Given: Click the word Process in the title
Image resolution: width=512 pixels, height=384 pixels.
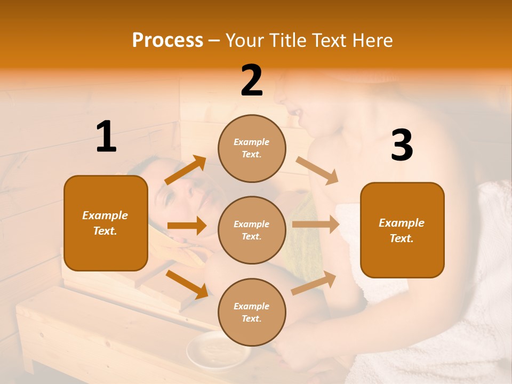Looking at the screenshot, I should pos(167,41).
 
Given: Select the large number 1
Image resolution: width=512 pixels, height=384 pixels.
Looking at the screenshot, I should pos(106,137).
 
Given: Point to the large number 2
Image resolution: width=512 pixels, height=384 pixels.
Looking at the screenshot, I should pos(252,81).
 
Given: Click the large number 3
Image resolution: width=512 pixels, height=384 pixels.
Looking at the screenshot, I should pos(402,146).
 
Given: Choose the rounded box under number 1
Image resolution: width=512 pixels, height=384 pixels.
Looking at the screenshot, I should pos(106,223).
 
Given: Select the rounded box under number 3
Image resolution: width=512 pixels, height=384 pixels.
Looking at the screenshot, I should pos(402,230).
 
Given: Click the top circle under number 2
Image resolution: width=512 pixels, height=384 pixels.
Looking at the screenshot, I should pos(252,148).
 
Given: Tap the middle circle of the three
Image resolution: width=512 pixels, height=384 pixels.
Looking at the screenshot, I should pos(252,230).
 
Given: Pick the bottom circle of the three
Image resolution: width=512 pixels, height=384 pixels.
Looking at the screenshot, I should pos(252,312).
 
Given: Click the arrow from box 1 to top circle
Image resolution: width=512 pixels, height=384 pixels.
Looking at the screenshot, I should pos(186,170).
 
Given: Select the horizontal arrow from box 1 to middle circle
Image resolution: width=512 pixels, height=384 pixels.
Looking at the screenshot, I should pos(187,226).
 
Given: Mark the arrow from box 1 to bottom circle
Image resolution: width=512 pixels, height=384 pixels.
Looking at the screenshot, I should pos(187,284).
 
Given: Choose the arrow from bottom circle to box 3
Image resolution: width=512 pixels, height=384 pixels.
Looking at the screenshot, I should pos(314,283).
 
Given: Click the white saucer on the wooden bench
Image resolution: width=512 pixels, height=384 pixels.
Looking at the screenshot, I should pos(218,350).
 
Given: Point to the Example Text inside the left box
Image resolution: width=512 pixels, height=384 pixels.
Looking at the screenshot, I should pos(106,223).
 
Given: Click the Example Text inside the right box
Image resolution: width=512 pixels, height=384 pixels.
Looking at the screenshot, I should pos(402,230).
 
